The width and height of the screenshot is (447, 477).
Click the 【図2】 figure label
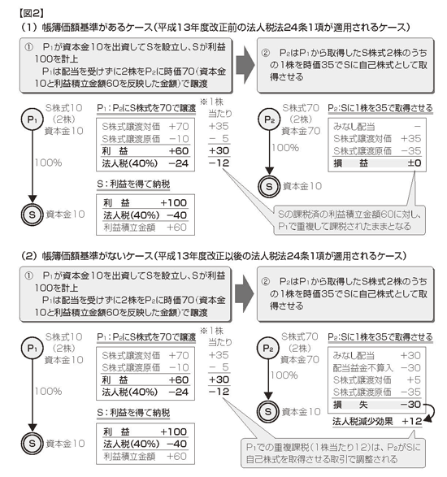tap(32, 13)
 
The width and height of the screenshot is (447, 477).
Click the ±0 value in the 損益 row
tap(414, 163)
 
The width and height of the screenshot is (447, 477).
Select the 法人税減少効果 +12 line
tap(377, 421)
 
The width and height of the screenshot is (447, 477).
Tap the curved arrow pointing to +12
tap(430, 412)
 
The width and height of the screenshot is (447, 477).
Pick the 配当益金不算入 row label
tap(363, 368)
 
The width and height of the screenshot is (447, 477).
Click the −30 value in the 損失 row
tap(410, 405)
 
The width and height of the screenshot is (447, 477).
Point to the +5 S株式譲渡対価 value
tap(414, 380)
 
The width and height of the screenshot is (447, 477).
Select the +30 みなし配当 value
tap(410, 355)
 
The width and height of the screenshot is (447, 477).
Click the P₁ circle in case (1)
tap(33, 119)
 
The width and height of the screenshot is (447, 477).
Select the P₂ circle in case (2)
tap(267, 349)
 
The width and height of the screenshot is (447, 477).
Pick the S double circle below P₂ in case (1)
tap(269, 186)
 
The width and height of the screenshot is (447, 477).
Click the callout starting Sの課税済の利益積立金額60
tap(349, 220)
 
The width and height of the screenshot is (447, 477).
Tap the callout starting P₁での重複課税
tap(333, 453)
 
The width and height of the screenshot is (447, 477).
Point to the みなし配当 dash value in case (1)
tap(417, 126)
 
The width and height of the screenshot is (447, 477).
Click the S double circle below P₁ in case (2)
tap(33, 444)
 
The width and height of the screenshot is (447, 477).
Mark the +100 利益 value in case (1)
tap(173, 203)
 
